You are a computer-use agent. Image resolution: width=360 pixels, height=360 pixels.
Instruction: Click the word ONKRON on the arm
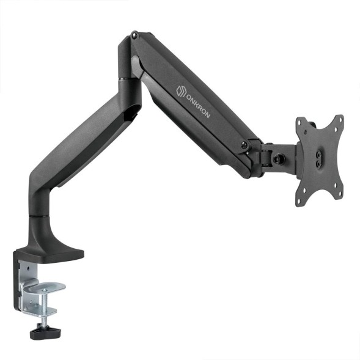click(196, 109)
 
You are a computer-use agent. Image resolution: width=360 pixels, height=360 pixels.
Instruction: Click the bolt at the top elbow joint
click(134, 38)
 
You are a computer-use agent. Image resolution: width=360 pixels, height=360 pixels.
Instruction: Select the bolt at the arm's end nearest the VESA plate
click(244, 145)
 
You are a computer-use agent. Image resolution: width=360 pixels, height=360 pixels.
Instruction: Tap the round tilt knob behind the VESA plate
click(282, 158)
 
